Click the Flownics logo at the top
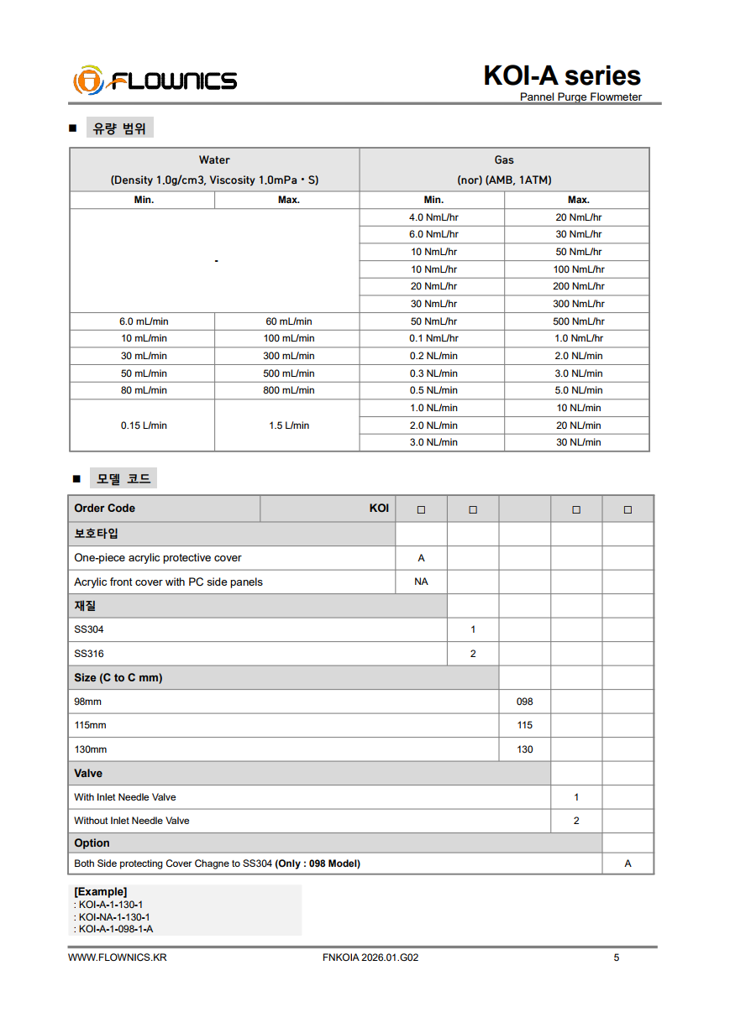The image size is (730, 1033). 155,81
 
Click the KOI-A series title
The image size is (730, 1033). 561,76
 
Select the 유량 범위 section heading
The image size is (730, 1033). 119,128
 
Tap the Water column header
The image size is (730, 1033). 214,159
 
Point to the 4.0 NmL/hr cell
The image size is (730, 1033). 433,217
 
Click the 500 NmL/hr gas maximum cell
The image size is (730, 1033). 578,321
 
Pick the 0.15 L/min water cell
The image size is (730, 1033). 144,425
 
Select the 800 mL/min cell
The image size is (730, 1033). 288,390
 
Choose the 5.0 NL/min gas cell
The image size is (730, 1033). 578,390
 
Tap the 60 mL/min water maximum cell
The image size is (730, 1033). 288,321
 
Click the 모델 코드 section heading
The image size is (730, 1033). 123,478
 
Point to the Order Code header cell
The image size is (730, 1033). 105,509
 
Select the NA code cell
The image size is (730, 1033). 421,582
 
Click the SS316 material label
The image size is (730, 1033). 89,654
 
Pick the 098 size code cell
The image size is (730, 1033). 525,702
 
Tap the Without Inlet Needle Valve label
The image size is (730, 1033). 132,821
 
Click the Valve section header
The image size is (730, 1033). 88,773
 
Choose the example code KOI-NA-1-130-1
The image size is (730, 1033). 114,917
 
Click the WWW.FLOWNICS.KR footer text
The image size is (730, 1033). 117,957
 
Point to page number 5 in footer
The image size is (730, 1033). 617,957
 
